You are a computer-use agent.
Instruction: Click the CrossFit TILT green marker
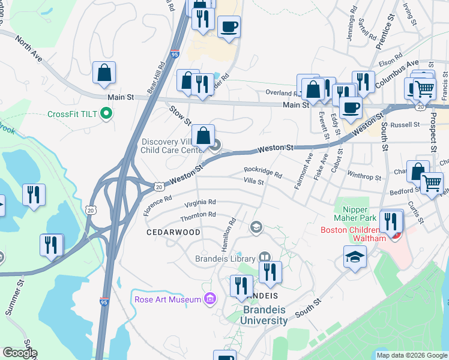(106, 113)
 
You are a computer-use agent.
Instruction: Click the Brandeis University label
(264, 315)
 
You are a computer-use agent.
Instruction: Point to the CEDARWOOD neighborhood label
(166, 231)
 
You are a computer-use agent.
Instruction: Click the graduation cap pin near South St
(355, 257)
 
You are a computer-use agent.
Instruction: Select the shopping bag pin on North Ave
(104, 73)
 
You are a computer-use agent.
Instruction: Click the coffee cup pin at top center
(229, 27)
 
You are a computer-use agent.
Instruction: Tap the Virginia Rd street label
(200, 203)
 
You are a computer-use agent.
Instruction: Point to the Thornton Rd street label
(198, 215)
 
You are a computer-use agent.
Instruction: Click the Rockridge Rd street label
(263, 171)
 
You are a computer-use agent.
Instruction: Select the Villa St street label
(253, 181)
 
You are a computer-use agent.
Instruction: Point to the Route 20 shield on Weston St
(158, 186)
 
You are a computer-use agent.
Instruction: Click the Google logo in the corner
(19, 353)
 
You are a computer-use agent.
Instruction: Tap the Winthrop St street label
(364, 176)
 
